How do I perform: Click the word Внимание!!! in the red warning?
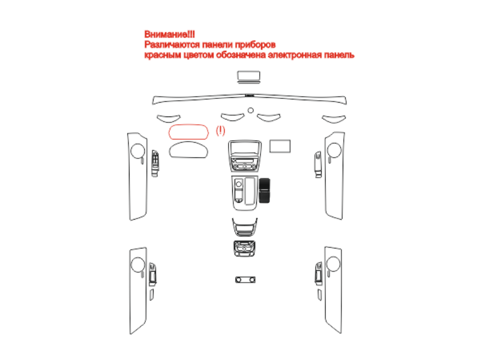point(169,34)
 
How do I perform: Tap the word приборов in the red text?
point(256,45)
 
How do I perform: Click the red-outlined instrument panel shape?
point(188,125)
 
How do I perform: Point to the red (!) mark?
point(220,131)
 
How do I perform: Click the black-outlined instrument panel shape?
point(188,142)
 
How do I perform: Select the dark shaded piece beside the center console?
point(265,190)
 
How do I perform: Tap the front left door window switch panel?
point(155,163)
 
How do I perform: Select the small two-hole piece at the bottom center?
point(245,280)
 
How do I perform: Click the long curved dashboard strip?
point(250,95)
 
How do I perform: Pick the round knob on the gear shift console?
point(239,184)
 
